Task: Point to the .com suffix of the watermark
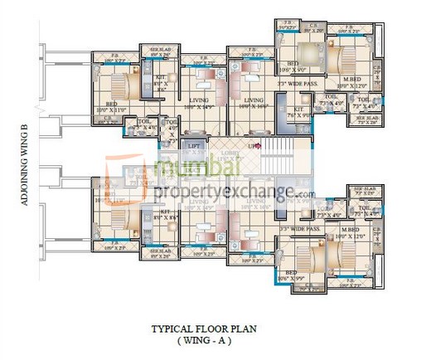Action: click(304, 195)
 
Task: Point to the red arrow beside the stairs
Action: click(259, 145)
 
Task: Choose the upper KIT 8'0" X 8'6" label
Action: click(161, 83)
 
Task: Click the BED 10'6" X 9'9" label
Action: click(292, 275)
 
